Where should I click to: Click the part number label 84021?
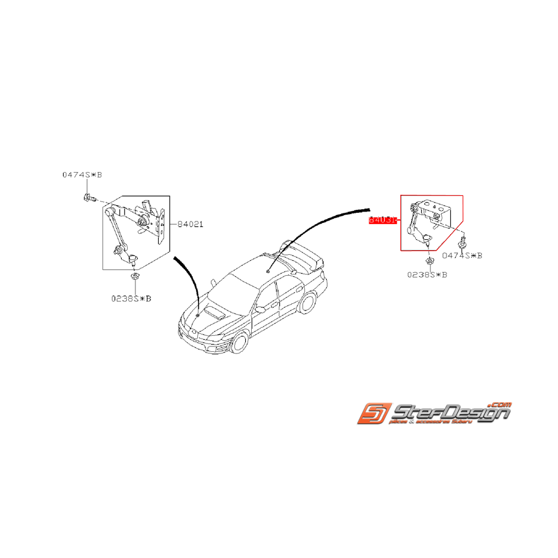tap(190, 224)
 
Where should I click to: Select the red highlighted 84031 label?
tap(382, 220)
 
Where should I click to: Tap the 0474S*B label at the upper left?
tap(82, 175)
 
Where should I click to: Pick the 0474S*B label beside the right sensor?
tap(462, 255)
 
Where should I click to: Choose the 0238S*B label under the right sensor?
tap(427, 275)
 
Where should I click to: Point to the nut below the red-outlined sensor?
tap(430, 260)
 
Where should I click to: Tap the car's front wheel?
tap(240, 342)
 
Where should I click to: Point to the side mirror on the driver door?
tap(261, 309)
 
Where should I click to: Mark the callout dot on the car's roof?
tap(267, 271)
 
